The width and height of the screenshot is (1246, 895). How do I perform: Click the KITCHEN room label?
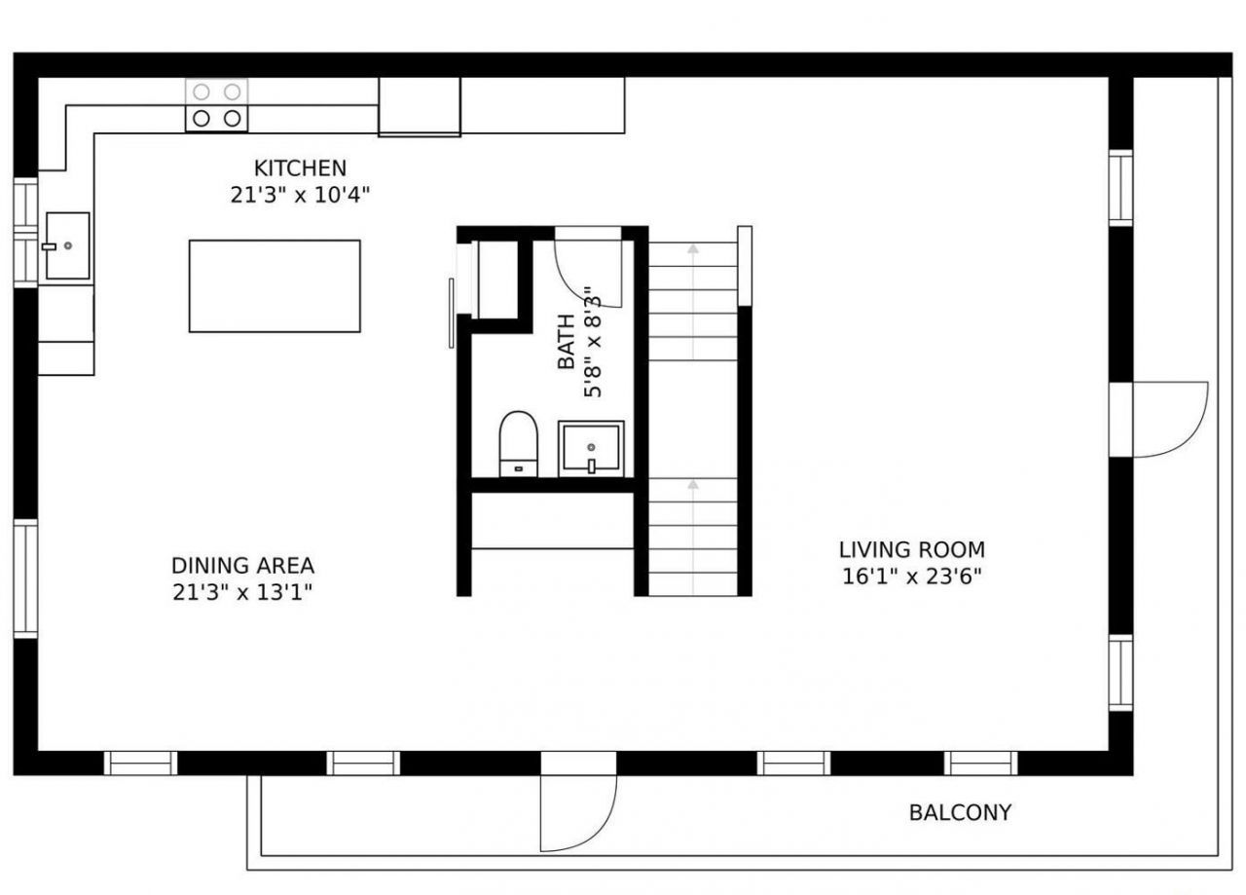click(300, 168)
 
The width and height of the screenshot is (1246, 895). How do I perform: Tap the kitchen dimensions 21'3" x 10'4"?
click(300, 195)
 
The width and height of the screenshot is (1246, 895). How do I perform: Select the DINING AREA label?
click(242, 565)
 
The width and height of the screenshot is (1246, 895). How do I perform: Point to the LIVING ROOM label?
click(911, 549)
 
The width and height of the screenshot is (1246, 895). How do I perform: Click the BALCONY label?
click(960, 812)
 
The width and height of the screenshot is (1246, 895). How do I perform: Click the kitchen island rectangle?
click(275, 286)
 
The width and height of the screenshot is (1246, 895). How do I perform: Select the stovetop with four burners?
click(216, 105)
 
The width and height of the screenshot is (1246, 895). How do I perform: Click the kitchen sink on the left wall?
click(67, 246)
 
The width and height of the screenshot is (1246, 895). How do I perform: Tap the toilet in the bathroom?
click(518, 443)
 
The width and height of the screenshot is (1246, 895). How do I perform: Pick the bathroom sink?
click(591, 449)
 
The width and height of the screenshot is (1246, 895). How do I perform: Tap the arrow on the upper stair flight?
click(692, 249)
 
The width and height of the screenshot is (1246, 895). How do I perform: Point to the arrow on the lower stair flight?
click(692, 483)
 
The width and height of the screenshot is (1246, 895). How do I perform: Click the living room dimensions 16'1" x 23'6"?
click(911, 577)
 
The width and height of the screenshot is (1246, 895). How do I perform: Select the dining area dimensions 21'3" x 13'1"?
click(242, 591)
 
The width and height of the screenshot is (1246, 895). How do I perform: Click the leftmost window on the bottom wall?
click(140, 763)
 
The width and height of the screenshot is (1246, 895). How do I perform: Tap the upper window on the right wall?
click(1120, 188)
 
